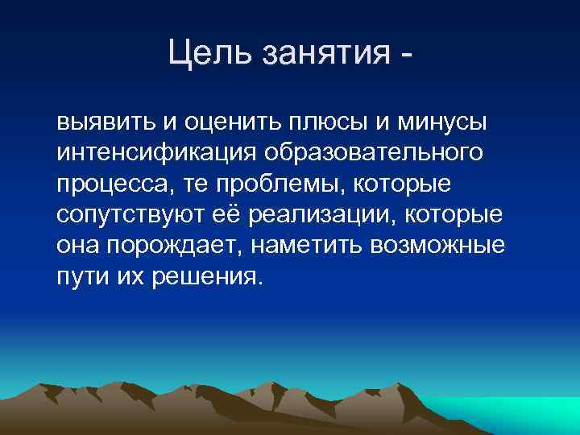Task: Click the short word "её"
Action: (235, 216)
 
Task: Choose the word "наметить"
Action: (314, 246)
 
